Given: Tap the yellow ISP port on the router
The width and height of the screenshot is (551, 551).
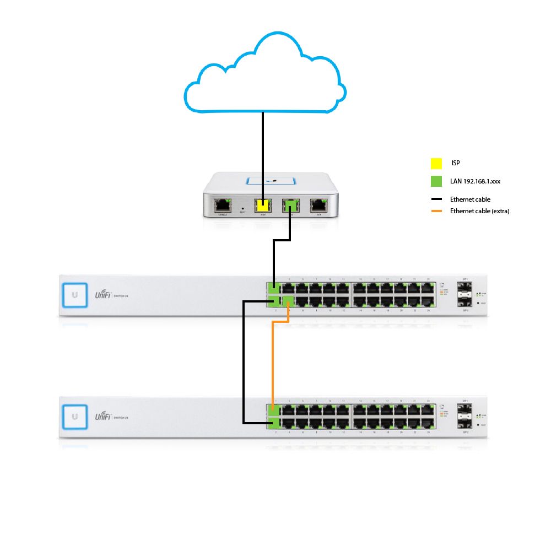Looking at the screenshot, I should click(x=263, y=206).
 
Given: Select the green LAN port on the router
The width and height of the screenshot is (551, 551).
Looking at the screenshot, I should click(x=290, y=206).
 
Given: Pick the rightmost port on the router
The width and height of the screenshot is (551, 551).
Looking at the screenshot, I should click(x=318, y=206).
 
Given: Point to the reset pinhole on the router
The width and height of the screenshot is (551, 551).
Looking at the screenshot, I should click(x=243, y=208).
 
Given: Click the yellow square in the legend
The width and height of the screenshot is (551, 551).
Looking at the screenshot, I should click(x=436, y=164).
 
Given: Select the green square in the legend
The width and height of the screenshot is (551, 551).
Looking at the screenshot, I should click(x=436, y=181).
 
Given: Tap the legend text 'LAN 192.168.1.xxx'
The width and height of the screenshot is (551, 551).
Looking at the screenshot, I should click(x=475, y=181).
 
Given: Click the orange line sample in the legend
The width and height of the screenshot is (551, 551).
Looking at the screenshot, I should click(x=436, y=211).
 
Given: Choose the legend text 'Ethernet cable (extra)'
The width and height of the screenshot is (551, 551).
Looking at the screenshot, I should click(x=479, y=211).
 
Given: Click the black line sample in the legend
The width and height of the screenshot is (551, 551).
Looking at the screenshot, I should click(x=436, y=199).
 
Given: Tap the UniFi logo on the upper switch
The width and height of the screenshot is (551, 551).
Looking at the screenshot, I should click(x=103, y=295).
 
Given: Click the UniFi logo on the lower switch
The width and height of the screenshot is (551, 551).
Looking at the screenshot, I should click(x=103, y=417).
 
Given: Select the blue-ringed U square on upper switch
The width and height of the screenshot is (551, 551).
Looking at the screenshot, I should click(x=74, y=295).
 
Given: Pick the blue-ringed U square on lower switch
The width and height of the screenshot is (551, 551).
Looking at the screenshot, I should click(x=74, y=417).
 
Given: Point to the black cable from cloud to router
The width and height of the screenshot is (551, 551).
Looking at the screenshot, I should click(x=263, y=154).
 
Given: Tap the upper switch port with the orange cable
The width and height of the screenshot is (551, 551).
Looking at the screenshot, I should click(x=287, y=301).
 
